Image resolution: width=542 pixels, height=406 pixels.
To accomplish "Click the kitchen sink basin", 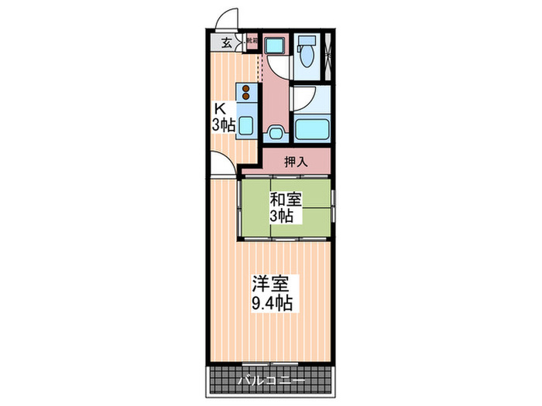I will (x=246, y=122).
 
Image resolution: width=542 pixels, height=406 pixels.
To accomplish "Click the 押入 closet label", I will (x=295, y=162).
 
